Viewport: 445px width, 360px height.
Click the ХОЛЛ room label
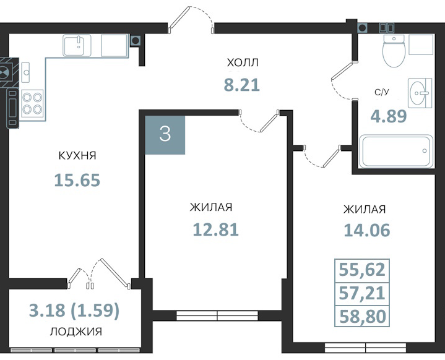coord(243,62)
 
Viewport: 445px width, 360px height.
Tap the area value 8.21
coord(242,85)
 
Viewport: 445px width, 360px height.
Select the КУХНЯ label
coord(77,155)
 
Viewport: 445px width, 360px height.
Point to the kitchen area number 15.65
coord(77,180)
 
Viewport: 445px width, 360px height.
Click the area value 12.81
coord(215,229)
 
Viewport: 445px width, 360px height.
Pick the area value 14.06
coord(367,230)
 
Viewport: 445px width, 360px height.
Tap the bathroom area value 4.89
coord(389,116)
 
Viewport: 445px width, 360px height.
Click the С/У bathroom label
coord(381,93)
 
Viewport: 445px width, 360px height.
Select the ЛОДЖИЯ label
coord(76,332)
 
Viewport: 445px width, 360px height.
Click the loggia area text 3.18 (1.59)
coord(74,311)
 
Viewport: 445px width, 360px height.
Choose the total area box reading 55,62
coord(362,270)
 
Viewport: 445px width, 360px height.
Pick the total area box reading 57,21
coord(362,294)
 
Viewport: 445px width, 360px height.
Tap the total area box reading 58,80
coord(362,315)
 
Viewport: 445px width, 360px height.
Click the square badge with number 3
coord(165,134)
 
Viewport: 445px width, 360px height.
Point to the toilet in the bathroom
coord(394,51)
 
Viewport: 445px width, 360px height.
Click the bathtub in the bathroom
coord(396,152)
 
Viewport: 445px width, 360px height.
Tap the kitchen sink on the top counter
coord(77,45)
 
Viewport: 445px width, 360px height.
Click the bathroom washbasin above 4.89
coord(420,93)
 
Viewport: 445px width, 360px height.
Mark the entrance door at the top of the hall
coord(191,20)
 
